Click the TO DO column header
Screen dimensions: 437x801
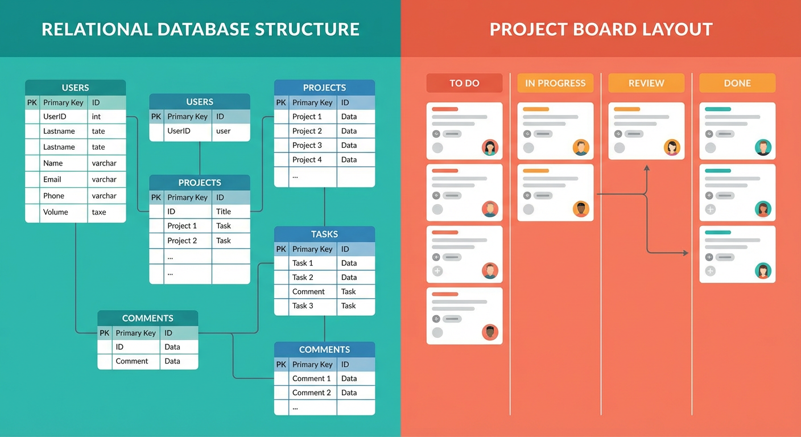click(x=464, y=83)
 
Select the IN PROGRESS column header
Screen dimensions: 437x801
click(x=555, y=83)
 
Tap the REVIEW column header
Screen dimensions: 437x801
click(x=646, y=83)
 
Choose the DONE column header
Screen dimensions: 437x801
click(x=737, y=83)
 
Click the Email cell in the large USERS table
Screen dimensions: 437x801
click(x=52, y=179)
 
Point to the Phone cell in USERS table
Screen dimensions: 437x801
click(x=54, y=196)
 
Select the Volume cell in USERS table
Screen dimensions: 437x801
click(x=56, y=212)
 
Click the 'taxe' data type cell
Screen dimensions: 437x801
click(x=100, y=212)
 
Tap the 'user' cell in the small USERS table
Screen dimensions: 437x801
click(x=224, y=131)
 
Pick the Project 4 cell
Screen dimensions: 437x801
click(x=307, y=160)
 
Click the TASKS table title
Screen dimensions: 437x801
click(x=324, y=234)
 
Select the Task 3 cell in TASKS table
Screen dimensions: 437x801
click(x=303, y=306)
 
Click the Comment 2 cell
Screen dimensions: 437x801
click(x=311, y=393)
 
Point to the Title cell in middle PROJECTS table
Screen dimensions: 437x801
click(x=224, y=211)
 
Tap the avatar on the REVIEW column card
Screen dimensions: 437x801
click(x=672, y=147)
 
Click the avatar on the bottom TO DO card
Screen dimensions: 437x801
click(x=490, y=332)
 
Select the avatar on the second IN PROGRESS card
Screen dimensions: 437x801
click(x=581, y=209)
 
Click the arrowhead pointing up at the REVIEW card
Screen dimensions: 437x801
click(x=647, y=168)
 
